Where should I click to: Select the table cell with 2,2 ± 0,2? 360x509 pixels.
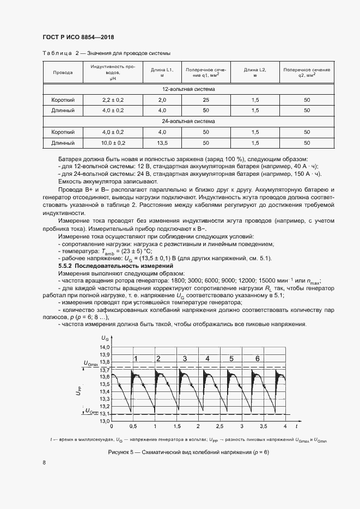tap(113, 100)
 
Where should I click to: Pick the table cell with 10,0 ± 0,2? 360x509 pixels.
tap(113, 143)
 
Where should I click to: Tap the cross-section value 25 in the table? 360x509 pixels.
tap(206, 100)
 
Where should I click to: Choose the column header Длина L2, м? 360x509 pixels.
tap(255, 72)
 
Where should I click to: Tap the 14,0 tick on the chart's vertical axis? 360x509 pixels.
tap(105, 347)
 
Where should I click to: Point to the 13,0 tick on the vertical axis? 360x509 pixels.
tap(105, 421)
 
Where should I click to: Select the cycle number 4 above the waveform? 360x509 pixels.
tap(208, 358)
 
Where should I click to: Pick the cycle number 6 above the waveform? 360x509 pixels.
tap(257, 358)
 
